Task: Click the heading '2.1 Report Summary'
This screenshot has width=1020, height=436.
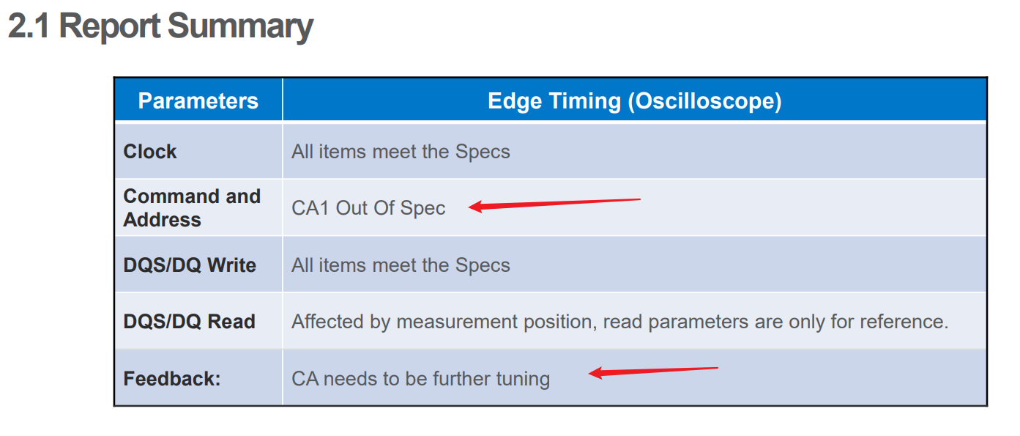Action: pos(160,26)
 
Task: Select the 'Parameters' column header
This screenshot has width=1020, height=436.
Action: pos(198,100)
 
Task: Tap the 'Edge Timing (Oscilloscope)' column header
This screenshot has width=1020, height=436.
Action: pos(634,101)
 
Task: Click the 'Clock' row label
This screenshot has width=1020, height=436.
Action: pos(150,152)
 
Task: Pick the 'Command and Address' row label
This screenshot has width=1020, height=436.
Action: pos(192,208)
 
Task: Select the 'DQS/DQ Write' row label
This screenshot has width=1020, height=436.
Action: pos(190,265)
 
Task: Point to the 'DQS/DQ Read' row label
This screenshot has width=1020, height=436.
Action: pos(189,322)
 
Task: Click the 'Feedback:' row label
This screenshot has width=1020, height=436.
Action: pos(171,379)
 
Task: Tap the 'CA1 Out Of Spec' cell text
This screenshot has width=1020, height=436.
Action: pos(368,208)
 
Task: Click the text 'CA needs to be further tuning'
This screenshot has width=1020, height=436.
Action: pos(421,379)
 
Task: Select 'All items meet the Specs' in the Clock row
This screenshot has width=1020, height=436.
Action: pos(401,152)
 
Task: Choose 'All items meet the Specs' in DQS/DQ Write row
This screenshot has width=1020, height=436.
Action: pos(401,265)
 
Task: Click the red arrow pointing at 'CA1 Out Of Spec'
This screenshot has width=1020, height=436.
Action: pos(554,204)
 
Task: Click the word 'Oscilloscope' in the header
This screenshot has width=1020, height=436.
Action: pos(705,101)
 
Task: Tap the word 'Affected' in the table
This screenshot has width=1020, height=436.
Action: pos(327,322)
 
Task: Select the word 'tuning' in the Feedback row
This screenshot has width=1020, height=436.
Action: pos(523,380)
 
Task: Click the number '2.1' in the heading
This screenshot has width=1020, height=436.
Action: pos(29,26)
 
